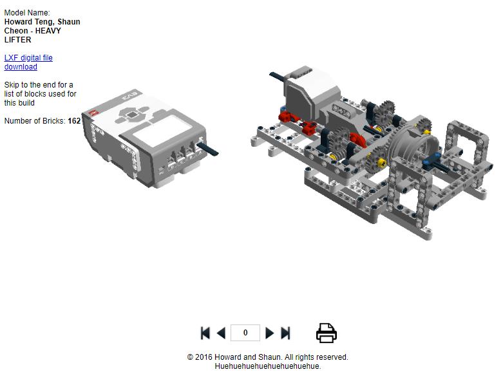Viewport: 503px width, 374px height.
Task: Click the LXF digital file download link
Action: [28, 62]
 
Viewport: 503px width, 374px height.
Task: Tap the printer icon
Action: [327, 333]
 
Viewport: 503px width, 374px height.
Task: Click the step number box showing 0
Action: [245, 333]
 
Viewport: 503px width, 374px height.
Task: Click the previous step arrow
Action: [221, 333]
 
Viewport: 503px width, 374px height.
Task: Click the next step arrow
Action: [270, 333]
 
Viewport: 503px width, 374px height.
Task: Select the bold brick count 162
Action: [74, 121]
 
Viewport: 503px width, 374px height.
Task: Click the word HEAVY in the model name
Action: [48, 31]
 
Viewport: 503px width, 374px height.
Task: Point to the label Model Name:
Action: [27, 13]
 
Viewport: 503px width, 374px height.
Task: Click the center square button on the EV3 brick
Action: [131, 115]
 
